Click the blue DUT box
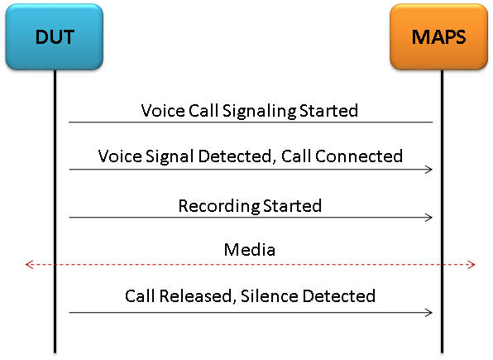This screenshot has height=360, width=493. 55,36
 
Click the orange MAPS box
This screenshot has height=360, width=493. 438,36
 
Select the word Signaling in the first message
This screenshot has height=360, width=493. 259,112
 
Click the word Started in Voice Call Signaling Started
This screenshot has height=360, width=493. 328,111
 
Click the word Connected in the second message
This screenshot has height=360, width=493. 359,156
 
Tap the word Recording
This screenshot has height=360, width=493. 219,206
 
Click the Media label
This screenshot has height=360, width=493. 250,250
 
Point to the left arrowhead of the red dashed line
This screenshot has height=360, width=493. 28,264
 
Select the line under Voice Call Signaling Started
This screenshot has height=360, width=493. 251,122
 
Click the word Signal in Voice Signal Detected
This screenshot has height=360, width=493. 170,156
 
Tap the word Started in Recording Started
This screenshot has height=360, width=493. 292,206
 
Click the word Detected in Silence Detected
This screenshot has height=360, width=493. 339,296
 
